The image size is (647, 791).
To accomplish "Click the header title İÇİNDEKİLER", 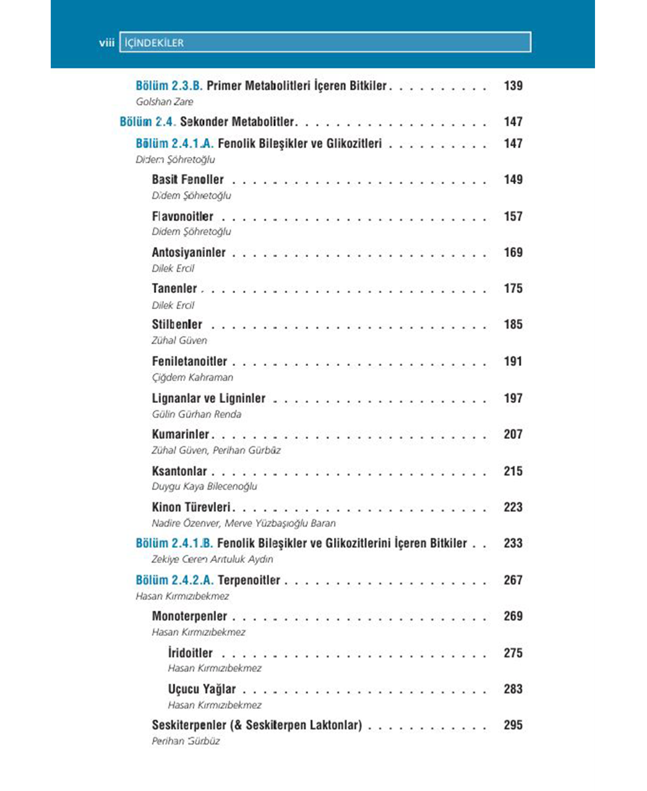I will [154, 43].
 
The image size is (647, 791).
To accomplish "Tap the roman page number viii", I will [106, 43].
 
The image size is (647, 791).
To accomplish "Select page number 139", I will [513, 86].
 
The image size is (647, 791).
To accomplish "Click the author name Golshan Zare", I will [165, 102].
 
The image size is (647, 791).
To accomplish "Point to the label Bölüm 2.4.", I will [147, 122].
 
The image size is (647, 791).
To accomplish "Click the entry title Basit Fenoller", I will [188, 180].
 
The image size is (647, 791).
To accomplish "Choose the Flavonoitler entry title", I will [182, 216].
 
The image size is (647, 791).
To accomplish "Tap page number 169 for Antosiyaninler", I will [513, 252].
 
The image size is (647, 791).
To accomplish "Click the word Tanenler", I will [174, 289].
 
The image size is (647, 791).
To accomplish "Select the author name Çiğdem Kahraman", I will [192, 377].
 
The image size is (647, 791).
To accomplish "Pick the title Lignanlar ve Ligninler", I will [208, 399].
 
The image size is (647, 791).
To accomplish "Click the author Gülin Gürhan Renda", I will [197, 414].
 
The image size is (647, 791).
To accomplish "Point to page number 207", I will [513, 434].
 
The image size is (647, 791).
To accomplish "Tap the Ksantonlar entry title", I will [179, 471].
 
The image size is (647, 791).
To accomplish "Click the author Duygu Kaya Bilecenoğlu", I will [204, 486].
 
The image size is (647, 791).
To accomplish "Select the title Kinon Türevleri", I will [191, 507].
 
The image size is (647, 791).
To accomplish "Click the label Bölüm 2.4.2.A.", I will [174, 580].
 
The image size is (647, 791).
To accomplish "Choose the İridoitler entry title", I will [191, 653].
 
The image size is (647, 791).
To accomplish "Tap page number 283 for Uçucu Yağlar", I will [513, 689].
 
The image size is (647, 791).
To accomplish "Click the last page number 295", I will [513, 725].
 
